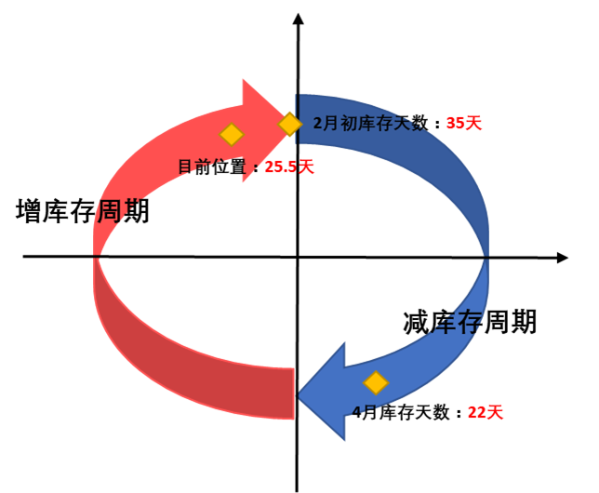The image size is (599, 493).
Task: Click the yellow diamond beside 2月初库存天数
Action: (x=289, y=124)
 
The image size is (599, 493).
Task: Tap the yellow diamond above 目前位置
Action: (x=231, y=135)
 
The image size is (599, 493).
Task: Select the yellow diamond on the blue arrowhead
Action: (x=375, y=382)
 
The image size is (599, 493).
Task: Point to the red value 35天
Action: (x=464, y=123)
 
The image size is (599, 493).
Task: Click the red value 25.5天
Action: (x=289, y=167)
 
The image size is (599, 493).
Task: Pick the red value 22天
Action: (x=485, y=412)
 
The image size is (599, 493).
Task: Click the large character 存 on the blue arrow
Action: (x=470, y=322)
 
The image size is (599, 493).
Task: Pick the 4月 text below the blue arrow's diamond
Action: (x=360, y=411)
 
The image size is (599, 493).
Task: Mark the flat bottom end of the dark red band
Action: (x=293, y=393)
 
